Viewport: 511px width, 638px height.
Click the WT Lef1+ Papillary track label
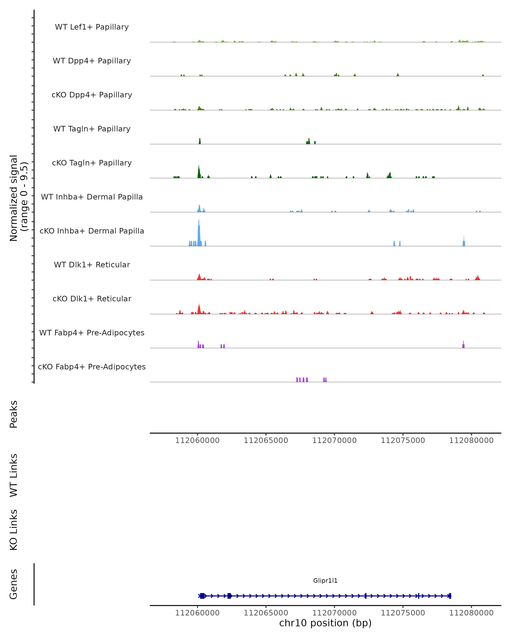pos(92,27)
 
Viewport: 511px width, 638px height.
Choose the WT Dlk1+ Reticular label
pos(92,265)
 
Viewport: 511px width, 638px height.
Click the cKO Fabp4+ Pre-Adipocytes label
pos(92,367)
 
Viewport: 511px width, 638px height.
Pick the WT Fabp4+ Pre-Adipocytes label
pos(92,333)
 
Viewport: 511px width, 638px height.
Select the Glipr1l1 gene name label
pos(325,581)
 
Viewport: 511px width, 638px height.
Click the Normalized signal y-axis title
pos(18,198)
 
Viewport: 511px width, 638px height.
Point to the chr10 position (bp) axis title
pos(325,623)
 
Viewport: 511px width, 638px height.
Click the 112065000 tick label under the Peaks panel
pos(266,440)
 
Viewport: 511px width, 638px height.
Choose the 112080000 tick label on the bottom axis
pos(471,613)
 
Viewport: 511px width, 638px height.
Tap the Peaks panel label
pos(14,414)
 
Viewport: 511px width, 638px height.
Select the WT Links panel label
pos(14,475)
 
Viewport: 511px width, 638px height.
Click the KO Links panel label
pos(14,530)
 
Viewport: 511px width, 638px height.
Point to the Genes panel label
pos(14,584)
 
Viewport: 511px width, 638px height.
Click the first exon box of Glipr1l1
pos(202,596)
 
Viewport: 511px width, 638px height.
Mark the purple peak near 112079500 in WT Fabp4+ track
pos(463,345)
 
